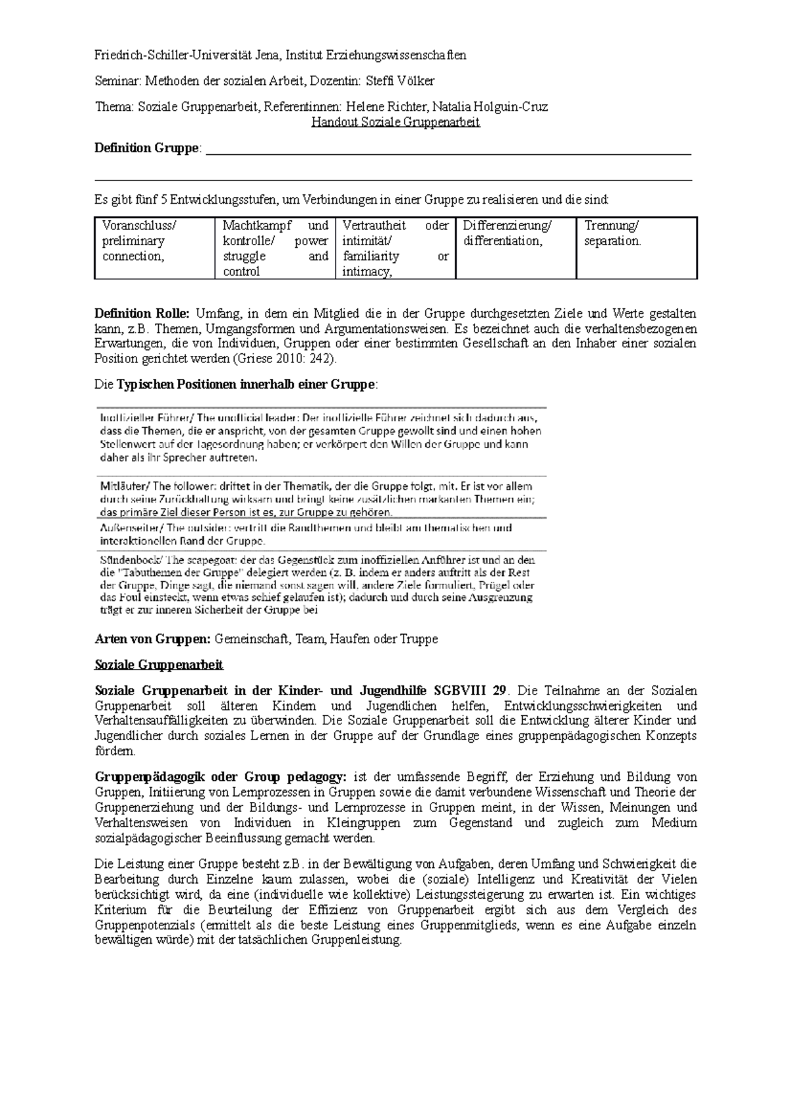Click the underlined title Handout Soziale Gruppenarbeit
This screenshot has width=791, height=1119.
pyautogui.click(x=395, y=122)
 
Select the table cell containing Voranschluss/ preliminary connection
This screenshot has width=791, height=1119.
pyautogui.click(x=154, y=248)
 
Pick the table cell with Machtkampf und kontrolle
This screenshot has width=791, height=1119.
pyautogui.click(x=275, y=248)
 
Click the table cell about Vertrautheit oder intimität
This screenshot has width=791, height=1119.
pyautogui.click(x=395, y=248)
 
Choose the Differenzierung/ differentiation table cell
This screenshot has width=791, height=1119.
pyautogui.click(x=515, y=248)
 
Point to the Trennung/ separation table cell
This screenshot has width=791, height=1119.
pyautogui.click(x=636, y=248)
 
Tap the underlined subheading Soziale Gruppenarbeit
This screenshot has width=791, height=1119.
pyautogui.click(x=159, y=664)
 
